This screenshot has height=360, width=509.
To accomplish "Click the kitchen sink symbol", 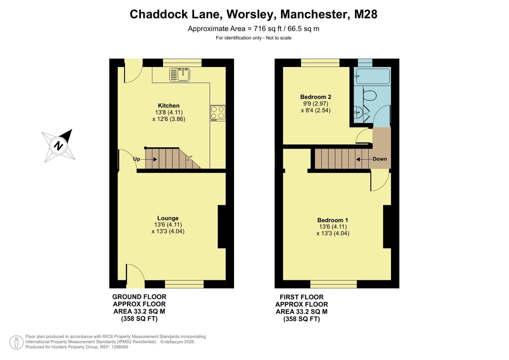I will (x=180, y=74).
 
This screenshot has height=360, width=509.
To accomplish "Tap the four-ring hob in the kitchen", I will (x=218, y=113).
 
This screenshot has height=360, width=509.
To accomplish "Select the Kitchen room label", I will (x=169, y=106).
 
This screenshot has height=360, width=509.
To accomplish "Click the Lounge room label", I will (x=168, y=218).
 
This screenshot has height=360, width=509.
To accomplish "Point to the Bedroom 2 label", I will (x=315, y=97).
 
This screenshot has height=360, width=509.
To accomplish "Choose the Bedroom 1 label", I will (x=332, y=220).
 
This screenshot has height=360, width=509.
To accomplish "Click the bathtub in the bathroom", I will (x=372, y=76).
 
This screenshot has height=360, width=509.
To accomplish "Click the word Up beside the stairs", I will (x=136, y=159).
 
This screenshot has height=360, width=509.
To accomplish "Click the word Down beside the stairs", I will (x=380, y=159).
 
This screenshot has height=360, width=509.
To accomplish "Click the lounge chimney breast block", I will (x=222, y=226).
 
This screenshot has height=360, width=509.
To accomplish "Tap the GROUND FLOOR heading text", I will (x=139, y=297).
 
